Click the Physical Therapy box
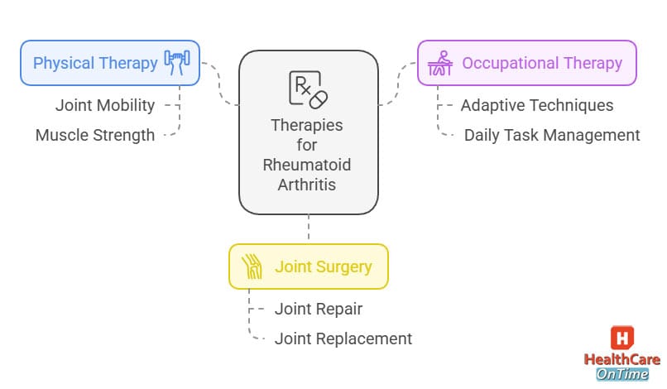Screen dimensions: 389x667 [110, 63]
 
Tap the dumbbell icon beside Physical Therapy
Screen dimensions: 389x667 [177, 63]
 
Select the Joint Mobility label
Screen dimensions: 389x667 [105, 105]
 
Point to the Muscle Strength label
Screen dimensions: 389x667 [95, 135]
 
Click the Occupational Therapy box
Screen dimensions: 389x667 [527, 63]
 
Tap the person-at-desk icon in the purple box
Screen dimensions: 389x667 [439, 63]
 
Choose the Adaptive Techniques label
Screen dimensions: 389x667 [537, 105]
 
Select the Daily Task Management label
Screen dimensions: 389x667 [552, 135]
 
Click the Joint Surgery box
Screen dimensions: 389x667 [308, 267]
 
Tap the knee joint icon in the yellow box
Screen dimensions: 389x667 [252, 267]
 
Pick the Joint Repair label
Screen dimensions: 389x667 [319, 309]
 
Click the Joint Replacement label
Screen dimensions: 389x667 [343, 339]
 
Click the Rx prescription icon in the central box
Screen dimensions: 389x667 [308, 89]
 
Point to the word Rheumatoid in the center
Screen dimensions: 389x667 [308, 165]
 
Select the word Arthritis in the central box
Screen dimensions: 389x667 [308, 185]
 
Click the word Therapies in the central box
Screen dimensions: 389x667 [308, 126]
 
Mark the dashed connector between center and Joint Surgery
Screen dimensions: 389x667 [308, 228]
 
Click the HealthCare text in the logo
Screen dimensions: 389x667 [622, 360]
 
